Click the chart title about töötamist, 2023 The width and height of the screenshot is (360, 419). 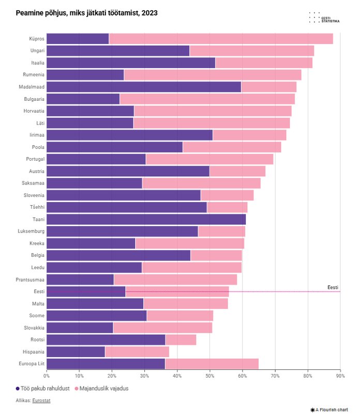point(86,12)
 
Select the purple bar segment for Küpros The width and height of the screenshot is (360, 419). point(78,39)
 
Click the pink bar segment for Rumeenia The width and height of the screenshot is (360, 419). point(213,75)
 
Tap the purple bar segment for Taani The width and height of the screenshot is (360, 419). point(146,220)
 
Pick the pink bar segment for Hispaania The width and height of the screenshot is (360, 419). point(137,352)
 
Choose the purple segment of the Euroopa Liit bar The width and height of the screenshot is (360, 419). point(106,364)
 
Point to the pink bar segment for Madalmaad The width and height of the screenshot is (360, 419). point(269,87)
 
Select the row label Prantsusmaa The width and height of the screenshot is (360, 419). point(31,280)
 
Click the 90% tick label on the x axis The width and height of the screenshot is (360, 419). point(340,375)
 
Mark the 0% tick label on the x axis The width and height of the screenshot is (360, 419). point(47,375)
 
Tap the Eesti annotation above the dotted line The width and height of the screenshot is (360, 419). point(333,287)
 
